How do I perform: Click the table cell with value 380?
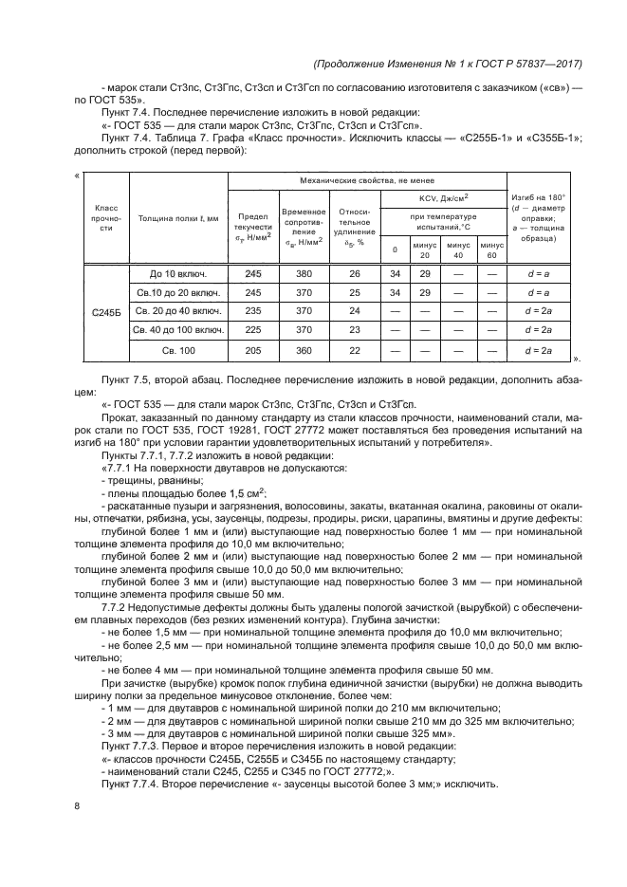(304, 273)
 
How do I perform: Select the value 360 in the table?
(304, 350)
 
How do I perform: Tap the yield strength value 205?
(252, 350)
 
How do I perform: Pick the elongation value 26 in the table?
(354, 273)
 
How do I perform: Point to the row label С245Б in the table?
(105, 311)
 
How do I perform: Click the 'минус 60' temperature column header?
(490, 249)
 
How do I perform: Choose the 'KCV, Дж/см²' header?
(443, 197)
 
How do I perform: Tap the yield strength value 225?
(252, 330)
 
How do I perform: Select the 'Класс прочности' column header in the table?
(105, 218)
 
